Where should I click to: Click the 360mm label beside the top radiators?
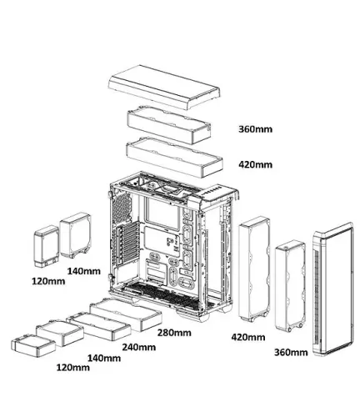pyautogui.click(x=255, y=129)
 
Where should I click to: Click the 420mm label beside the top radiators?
pyautogui.click(x=255, y=164)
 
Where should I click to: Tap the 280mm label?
pyautogui.click(x=174, y=333)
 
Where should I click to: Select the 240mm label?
pyautogui.click(x=139, y=347)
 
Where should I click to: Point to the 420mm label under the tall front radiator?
pyautogui.click(x=248, y=337)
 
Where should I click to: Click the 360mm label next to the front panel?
pyautogui.click(x=291, y=352)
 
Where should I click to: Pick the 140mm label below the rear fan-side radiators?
pyautogui.click(x=84, y=271)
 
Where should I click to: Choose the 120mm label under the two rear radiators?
pyautogui.click(x=48, y=281)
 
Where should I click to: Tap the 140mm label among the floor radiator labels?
pyautogui.click(x=104, y=358)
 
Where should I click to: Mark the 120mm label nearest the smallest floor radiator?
pyautogui.click(x=73, y=368)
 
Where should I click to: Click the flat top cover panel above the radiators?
pyautogui.click(x=164, y=87)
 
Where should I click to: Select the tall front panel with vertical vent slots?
pyautogui.click(x=332, y=289)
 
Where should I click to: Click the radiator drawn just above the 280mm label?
pyautogui.click(x=126, y=314)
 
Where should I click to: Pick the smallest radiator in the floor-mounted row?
pyautogui.click(x=33, y=344)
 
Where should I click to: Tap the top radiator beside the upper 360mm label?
pyautogui.click(x=169, y=124)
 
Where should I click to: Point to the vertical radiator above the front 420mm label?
pyautogui.click(x=254, y=269)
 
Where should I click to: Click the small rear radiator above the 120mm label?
pyautogui.click(x=47, y=246)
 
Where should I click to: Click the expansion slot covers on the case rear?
pyautogui.click(x=127, y=244)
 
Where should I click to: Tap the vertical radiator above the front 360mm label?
pyautogui.click(x=290, y=286)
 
